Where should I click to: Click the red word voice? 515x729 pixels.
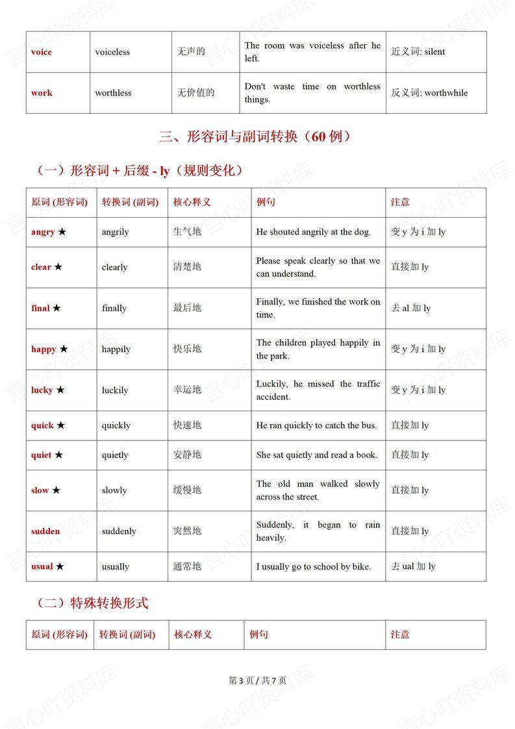pyautogui.click(x=42, y=52)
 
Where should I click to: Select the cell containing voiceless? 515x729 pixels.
pyautogui.click(x=112, y=52)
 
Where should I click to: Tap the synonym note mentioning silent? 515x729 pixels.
pyautogui.click(x=418, y=52)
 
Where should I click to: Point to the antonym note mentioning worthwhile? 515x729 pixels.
pyautogui.click(x=429, y=93)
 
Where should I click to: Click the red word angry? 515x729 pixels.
pyautogui.click(x=43, y=232)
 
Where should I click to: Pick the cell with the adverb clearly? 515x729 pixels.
pyautogui.click(x=114, y=267)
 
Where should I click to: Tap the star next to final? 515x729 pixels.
pyautogui.click(x=57, y=308)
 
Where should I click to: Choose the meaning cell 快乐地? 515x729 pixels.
pyautogui.click(x=187, y=349)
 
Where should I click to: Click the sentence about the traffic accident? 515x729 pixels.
pyautogui.click(x=318, y=390)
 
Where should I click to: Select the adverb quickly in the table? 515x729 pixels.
pyautogui.click(x=116, y=426)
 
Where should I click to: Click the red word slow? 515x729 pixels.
pyautogui.click(x=40, y=491)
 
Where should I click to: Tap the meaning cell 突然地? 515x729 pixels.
pyautogui.click(x=187, y=531)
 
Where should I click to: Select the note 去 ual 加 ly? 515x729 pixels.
pyautogui.click(x=413, y=567)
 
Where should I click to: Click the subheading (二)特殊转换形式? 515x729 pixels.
pyautogui.click(x=92, y=603)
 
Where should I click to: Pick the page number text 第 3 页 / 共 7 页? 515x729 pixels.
pyautogui.click(x=257, y=680)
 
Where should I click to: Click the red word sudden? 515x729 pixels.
pyautogui.click(x=45, y=531)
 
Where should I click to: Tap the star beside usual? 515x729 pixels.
pyautogui.click(x=60, y=567)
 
